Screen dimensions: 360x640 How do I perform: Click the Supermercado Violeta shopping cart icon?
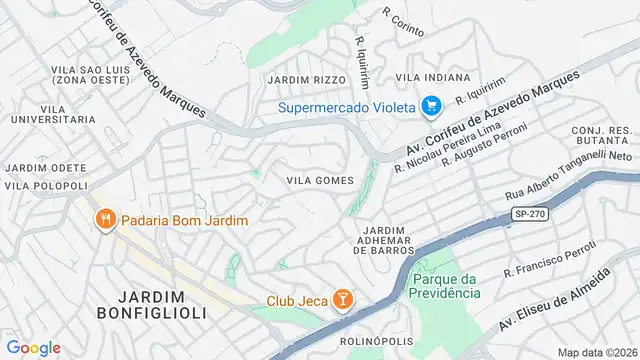(x=431, y=105)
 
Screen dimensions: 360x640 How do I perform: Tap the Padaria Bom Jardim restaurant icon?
(x=103, y=219)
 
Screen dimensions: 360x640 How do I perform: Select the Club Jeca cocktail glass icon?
(x=342, y=300)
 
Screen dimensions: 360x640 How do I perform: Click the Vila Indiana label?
(x=433, y=77)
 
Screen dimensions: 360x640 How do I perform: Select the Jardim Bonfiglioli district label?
(x=161, y=304)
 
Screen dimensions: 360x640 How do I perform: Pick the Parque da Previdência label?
(x=446, y=285)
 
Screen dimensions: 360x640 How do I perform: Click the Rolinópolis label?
(x=377, y=341)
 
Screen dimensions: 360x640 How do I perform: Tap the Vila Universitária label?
(x=54, y=112)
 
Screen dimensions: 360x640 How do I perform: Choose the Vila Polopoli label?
(x=46, y=185)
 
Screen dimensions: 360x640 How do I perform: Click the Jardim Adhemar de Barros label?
(x=384, y=240)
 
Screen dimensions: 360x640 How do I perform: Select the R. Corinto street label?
(x=404, y=17)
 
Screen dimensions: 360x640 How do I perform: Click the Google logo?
(x=34, y=347)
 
